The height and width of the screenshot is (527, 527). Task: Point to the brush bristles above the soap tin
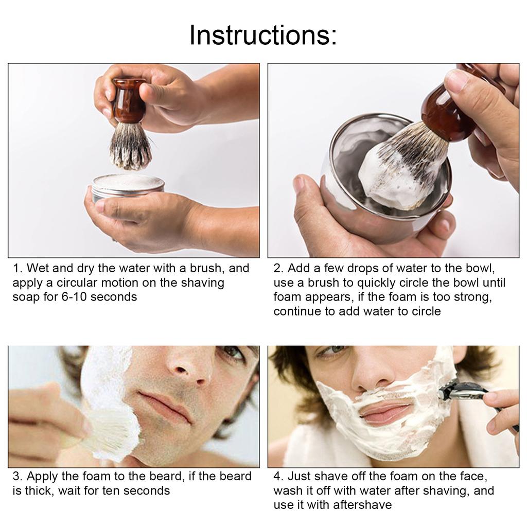[x=130, y=146]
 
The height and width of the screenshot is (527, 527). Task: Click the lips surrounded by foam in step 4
[x=386, y=412]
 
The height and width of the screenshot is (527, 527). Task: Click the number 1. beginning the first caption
[x=18, y=268]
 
